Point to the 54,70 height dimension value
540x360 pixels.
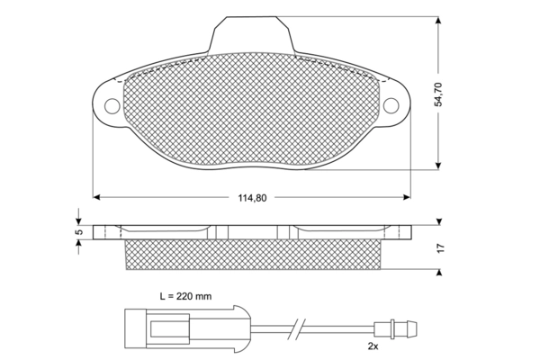tap(439, 92)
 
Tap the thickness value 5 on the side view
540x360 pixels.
tap(78, 231)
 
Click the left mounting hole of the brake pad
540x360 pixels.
tap(112, 105)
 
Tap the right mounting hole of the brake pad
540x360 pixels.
tap(392, 105)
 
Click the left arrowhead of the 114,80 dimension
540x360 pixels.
tap(98, 197)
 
